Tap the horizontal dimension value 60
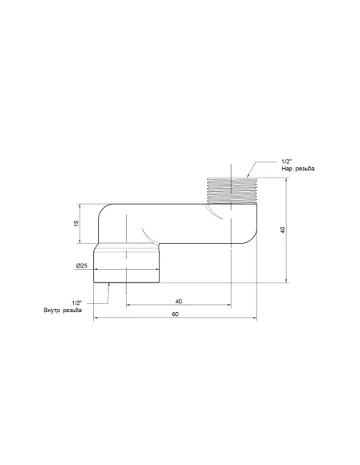(x=174, y=315)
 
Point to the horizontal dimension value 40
(x=178, y=301)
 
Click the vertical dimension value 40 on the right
(x=283, y=229)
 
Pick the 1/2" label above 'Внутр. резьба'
(x=76, y=303)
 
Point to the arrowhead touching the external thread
(x=248, y=174)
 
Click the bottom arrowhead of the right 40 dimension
(x=287, y=280)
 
